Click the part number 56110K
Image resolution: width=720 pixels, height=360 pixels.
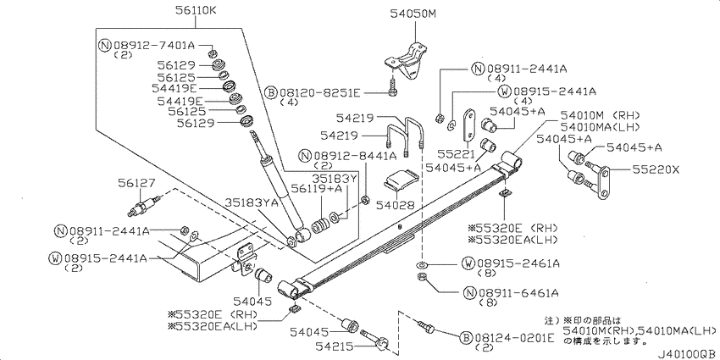pyautogui.click(x=195, y=9)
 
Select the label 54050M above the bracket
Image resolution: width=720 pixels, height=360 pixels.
pyautogui.click(x=413, y=14)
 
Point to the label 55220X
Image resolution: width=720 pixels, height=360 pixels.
pyautogui.click(x=656, y=170)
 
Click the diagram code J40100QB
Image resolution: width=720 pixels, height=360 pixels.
pyautogui.click(x=688, y=355)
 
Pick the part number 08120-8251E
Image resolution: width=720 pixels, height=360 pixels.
pyautogui.click(x=319, y=93)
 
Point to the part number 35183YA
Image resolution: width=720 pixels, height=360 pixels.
pyautogui.click(x=252, y=203)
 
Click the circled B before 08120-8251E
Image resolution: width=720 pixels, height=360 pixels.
pyautogui.click(x=271, y=93)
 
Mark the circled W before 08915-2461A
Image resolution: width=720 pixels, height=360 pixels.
pyautogui.click(x=468, y=263)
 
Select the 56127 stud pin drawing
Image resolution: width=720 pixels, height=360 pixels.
pyautogui.click(x=144, y=207)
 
